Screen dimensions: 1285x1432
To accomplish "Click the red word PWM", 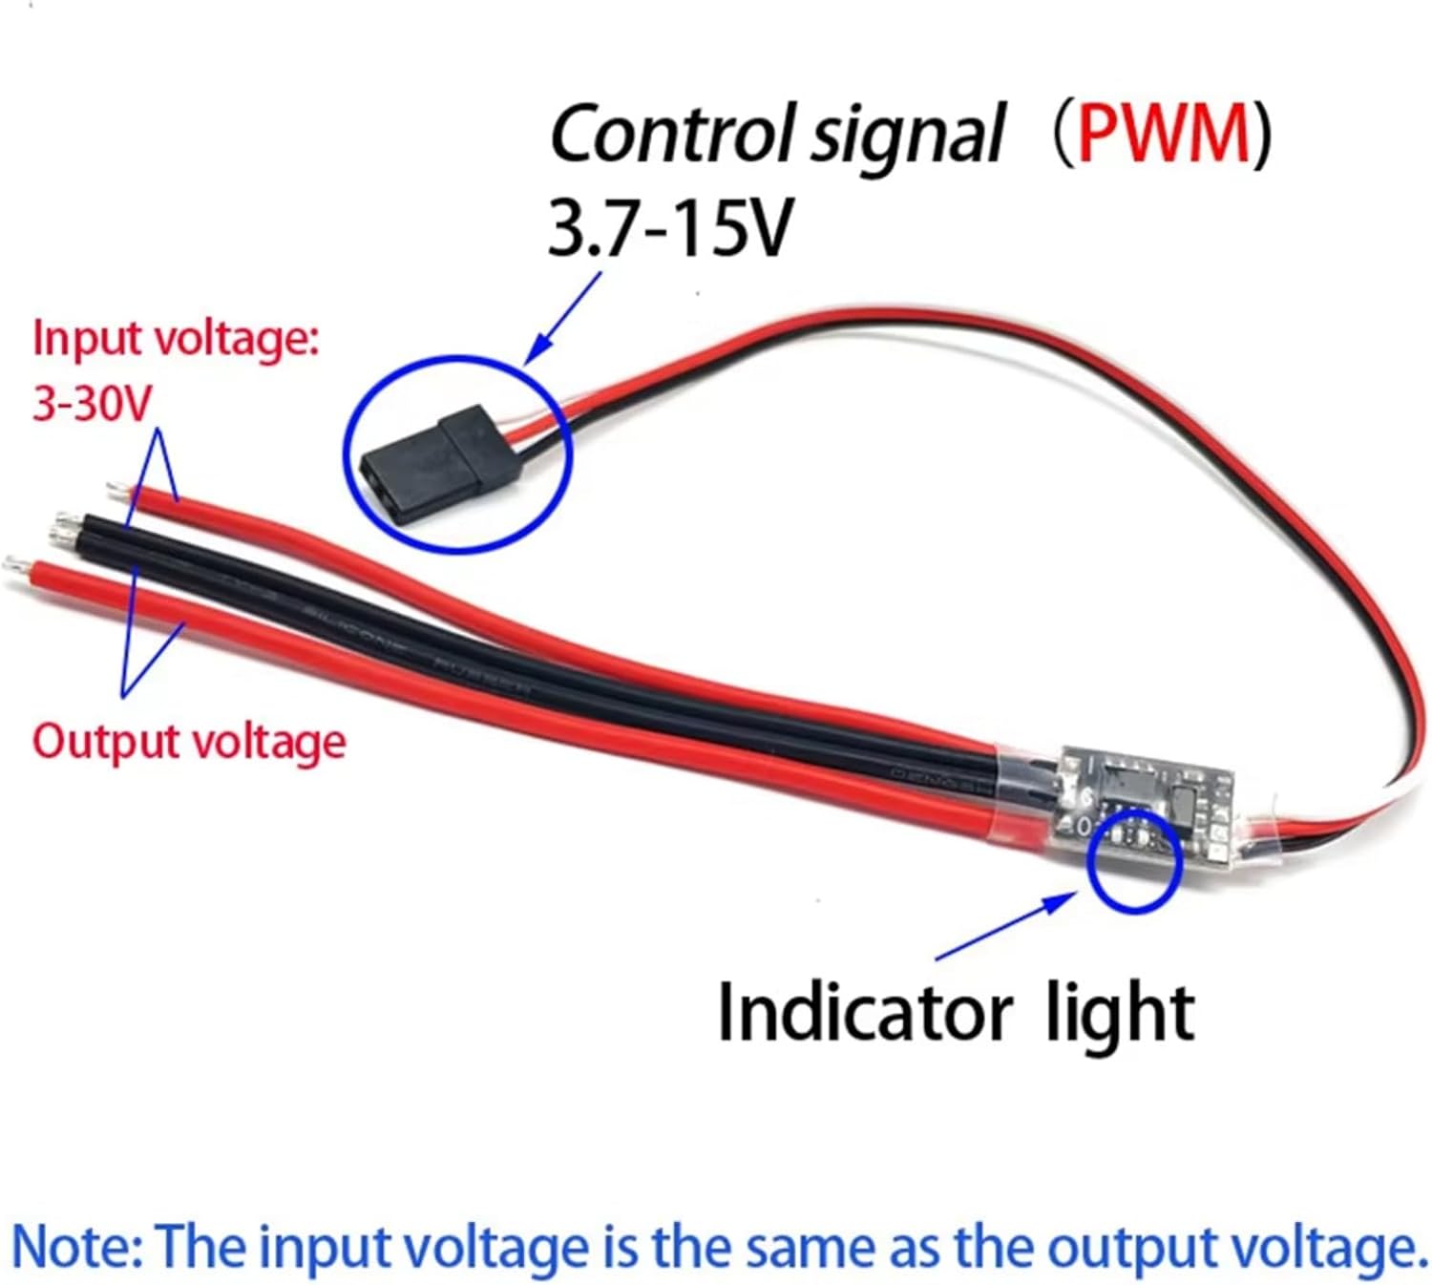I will pos(1163,135).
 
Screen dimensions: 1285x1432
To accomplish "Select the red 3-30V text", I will pos(92,405).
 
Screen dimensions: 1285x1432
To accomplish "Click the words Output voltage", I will pos(189,742).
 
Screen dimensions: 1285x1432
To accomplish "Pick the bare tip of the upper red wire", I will pos(117,492).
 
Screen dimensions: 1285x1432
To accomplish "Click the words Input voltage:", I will pos(176,340).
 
